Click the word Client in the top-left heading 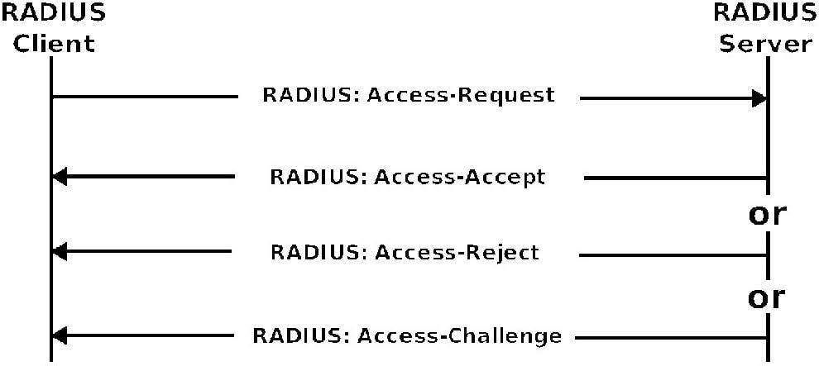pos(55,44)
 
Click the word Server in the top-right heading pos(766,44)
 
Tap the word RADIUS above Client pos(53,12)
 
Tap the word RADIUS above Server pos(766,12)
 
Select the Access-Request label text pos(409,95)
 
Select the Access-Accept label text pos(408,178)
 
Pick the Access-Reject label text pos(405,252)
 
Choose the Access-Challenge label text pos(407,335)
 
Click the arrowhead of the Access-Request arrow pos(759,98)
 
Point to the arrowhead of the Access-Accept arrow pos(60,177)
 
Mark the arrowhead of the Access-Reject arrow pos(60,252)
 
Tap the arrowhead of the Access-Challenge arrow pos(60,335)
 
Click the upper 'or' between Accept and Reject pos(767,214)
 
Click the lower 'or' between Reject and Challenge pos(767,297)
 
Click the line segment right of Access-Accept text pos(675,178)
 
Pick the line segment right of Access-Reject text pos(673,255)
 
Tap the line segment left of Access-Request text pos(145,97)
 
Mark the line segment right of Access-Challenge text pos(671,339)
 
